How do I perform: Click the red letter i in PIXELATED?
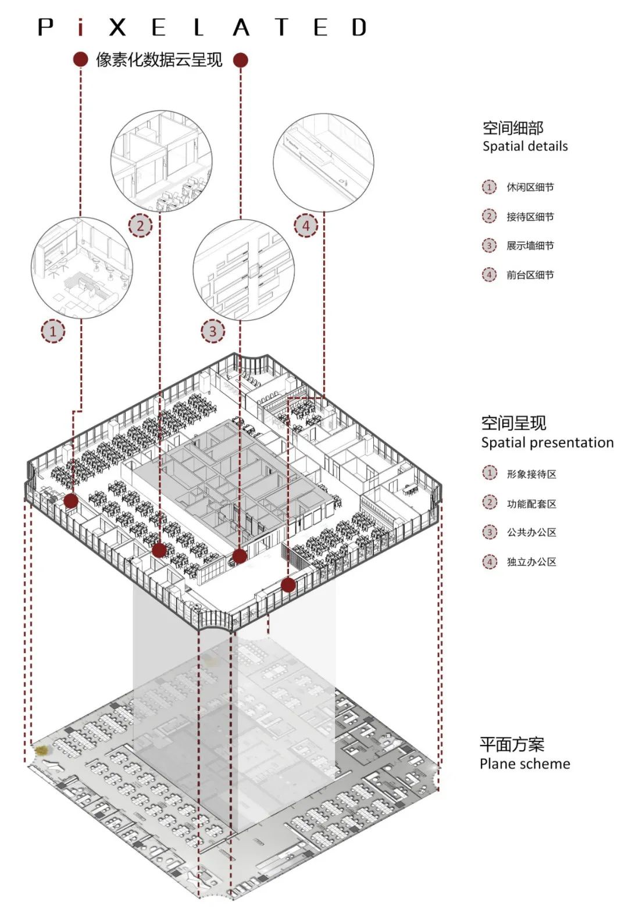tap(81, 27)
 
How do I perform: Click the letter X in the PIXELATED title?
tap(117, 27)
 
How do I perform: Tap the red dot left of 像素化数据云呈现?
tap(80, 59)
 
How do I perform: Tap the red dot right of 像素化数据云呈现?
tap(240, 59)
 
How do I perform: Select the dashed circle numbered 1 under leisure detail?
tap(53, 331)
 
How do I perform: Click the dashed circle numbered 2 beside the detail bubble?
tap(140, 225)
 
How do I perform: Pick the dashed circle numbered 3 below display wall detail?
tap(212, 331)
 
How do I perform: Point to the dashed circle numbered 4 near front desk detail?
tap(306, 225)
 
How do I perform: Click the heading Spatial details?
tap(524, 146)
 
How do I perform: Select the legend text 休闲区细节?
tap(530, 187)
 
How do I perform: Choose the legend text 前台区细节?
tap(530, 275)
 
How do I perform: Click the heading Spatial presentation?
tap(547, 443)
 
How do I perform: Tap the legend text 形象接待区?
tap(531, 474)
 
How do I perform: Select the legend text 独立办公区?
tap(531, 562)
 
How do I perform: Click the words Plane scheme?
tap(524, 764)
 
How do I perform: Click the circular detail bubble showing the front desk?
tap(323, 163)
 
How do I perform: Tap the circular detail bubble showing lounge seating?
tap(81, 268)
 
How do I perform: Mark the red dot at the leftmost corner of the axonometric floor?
tap(71, 501)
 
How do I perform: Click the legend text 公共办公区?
tap(531, 532)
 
